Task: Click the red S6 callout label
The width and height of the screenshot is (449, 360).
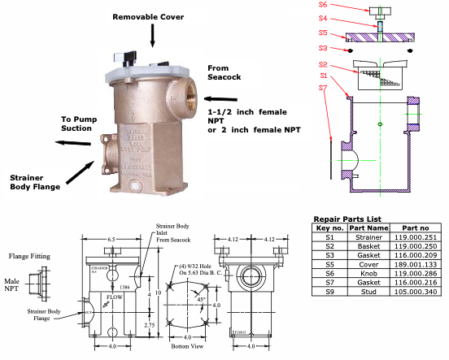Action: (x=324, y=5)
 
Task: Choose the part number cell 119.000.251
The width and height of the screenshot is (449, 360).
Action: (x=412, y=236)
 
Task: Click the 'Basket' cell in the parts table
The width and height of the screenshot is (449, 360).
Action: (x=364, y=245)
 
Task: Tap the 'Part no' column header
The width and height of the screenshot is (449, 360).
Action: (x=412, y=228)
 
